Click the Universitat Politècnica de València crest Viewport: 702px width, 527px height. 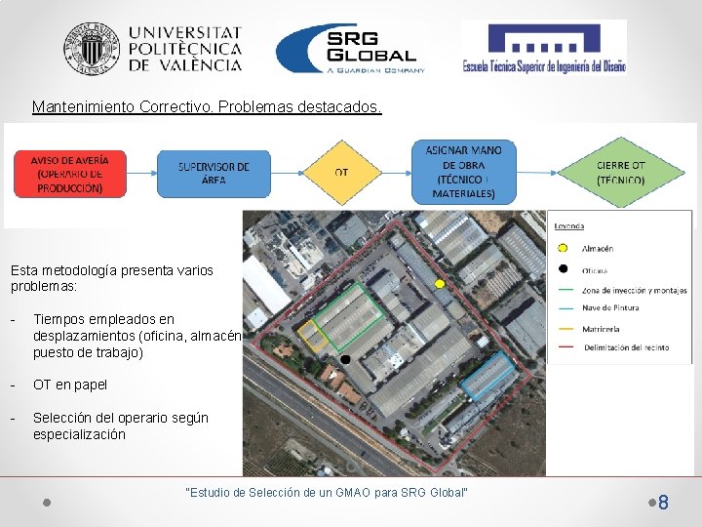point(91,49)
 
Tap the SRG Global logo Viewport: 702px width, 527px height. point(350,48)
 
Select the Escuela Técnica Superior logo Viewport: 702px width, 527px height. point(543,47)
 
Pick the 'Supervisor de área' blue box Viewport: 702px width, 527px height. point(214,173)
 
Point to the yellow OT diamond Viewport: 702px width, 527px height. point(341,173)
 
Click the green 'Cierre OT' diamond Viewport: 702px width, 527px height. point(620,173)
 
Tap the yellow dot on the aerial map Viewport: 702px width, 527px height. point(440,283)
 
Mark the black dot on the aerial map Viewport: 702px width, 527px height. point(346,360)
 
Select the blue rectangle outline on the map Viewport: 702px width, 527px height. point(487,376)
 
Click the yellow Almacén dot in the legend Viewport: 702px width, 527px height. point(563,249)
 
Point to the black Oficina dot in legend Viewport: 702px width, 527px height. point(563,269)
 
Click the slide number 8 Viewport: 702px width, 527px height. point(663,504)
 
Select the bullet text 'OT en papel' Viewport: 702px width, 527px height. point(70,385)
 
